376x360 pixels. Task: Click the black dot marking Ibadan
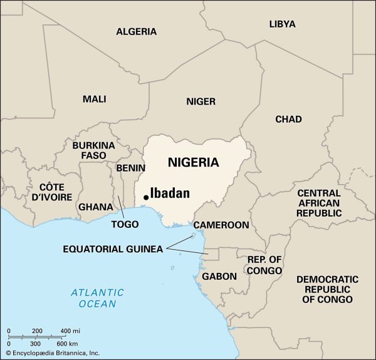pyautogui.click(x=146, y=197)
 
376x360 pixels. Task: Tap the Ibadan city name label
pyautogui.click(x=170, y=193)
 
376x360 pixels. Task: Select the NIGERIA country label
pyautogui.click(x=193, y=163)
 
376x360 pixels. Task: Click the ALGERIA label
pyautogui.click(x=136, y=31)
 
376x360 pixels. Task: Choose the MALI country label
pyautogui.click(x=94, y=99)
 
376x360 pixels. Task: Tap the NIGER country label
pyautogui.click(x=201, y=101)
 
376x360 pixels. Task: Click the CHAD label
pyautogui.click(x=288, y=119)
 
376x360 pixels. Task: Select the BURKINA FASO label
pyautogui.click(x=93, y=150)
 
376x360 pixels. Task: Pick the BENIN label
pyautogui.click(x=130, y=168)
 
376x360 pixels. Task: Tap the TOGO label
pyautogui.click(x=125, y=224)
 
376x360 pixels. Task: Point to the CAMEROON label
pyautogui.click(x=221, y=225)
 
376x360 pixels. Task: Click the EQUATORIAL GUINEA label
pyautogui.click(x=113, y=249)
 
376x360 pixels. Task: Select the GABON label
pyautogui.click(x=219, y=276)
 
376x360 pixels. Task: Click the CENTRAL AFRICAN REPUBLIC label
pyautogui.click(x=319, y=203)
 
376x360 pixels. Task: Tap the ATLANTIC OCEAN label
pyautogui.click(x=97, y=298)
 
